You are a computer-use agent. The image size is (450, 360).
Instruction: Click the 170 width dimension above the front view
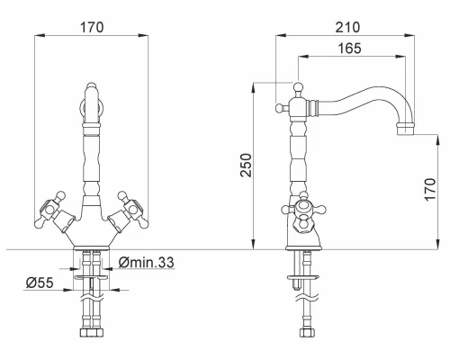point(92,27)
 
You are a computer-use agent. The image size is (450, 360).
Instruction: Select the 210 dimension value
point(347,27)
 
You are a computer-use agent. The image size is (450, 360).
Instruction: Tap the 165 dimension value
point(350,49)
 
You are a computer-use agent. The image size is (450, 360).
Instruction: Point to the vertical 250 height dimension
point(247,166)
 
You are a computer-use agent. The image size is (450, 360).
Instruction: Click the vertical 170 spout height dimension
point(430,190)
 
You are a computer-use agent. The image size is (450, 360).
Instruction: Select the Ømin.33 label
point(147,262)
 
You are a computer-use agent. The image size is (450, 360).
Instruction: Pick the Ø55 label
point(40,283)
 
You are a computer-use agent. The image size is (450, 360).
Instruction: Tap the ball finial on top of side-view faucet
point(298,87)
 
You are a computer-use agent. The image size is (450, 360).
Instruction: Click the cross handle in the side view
point(303,212)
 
